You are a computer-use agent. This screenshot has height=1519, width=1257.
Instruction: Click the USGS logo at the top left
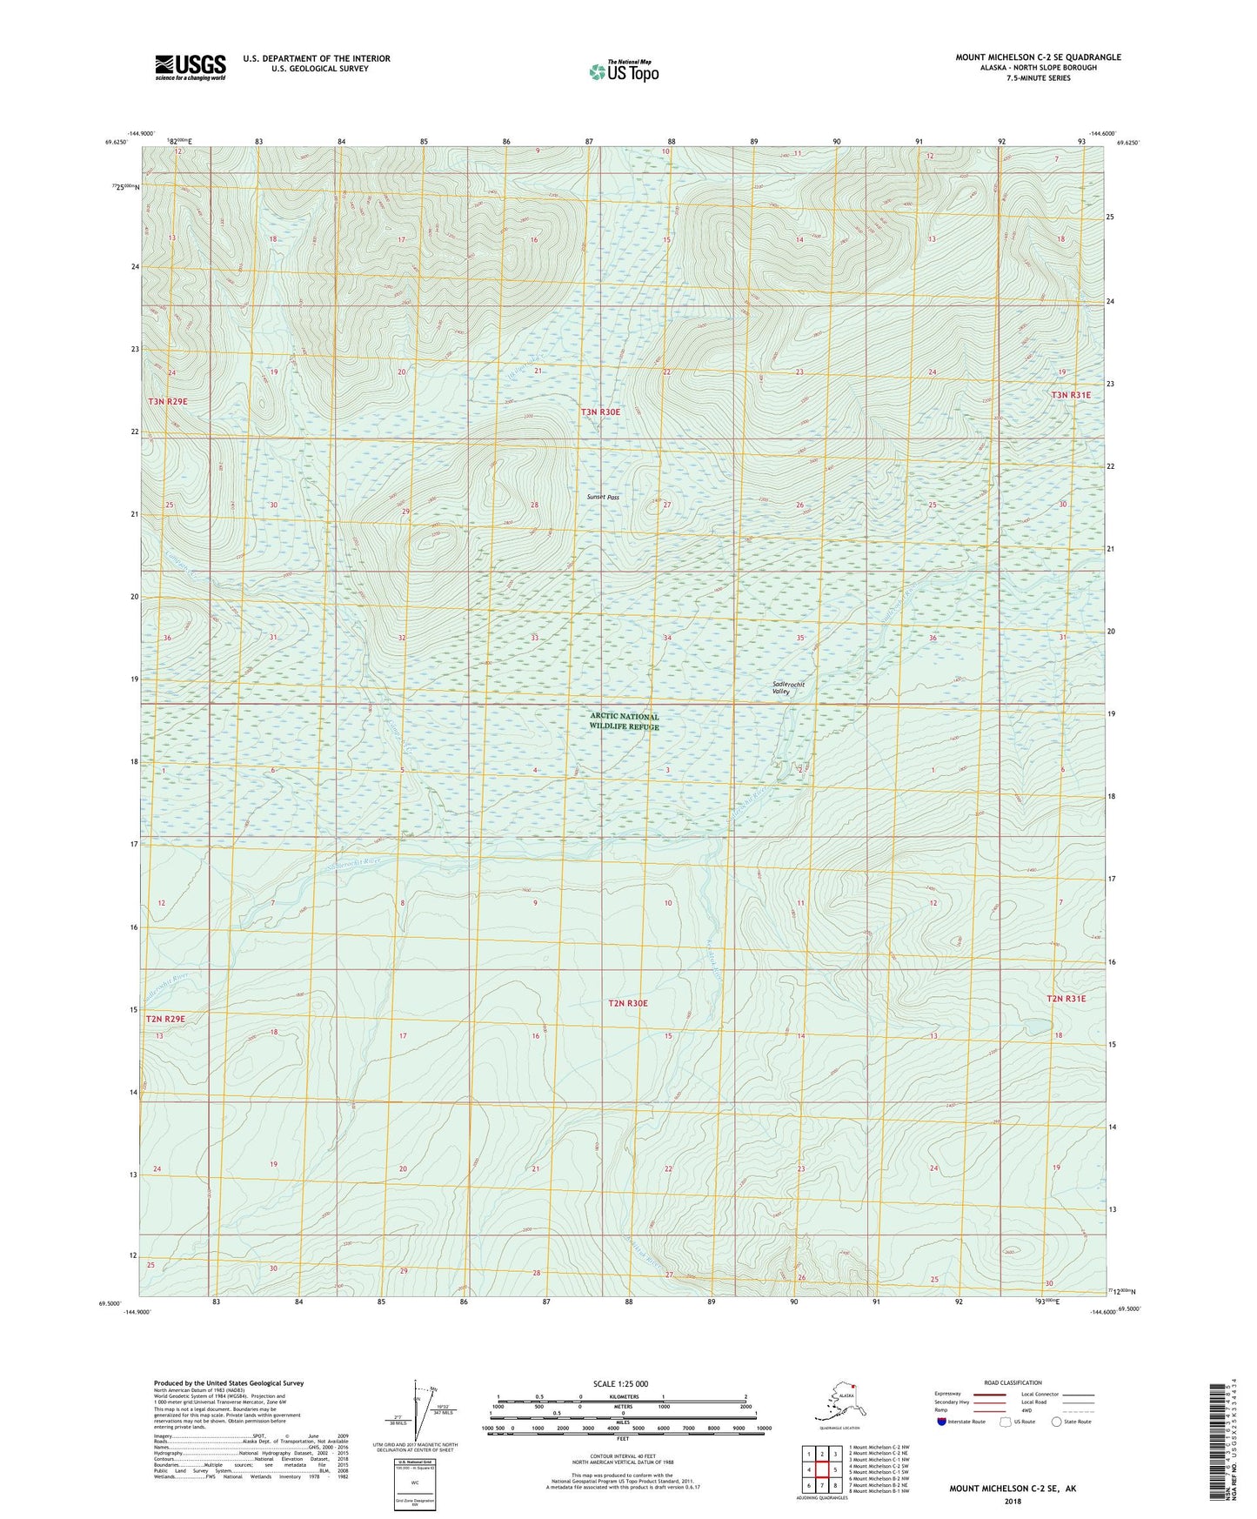click(x=191, y=67)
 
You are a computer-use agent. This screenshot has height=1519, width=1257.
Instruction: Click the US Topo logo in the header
click(x=623, y=71)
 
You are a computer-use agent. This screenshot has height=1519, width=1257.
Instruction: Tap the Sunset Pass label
click(x=602, y=498)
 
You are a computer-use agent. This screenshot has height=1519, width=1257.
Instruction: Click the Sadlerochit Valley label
click(x=788, y=687)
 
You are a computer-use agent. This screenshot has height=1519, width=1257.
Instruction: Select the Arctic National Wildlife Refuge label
click(x=624, y=721)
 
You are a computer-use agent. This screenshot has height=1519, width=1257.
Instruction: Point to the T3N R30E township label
click(x=601, y=412)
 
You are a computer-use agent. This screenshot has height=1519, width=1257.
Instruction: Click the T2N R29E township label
click(x=165, y=1018)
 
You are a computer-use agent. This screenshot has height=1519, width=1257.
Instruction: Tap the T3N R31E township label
click(x=1071, y=395)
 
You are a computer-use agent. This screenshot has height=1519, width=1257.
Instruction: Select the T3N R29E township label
click(x=168, y=401)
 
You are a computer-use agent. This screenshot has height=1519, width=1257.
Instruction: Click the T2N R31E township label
click(x=1066, y=999)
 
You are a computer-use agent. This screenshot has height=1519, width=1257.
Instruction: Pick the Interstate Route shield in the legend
click(x=942, y=1422)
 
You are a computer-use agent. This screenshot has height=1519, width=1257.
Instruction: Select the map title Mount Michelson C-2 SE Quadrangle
click(x=1038, y=57)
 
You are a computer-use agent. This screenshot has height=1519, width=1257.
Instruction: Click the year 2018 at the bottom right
click(x=1013, y=1501)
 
